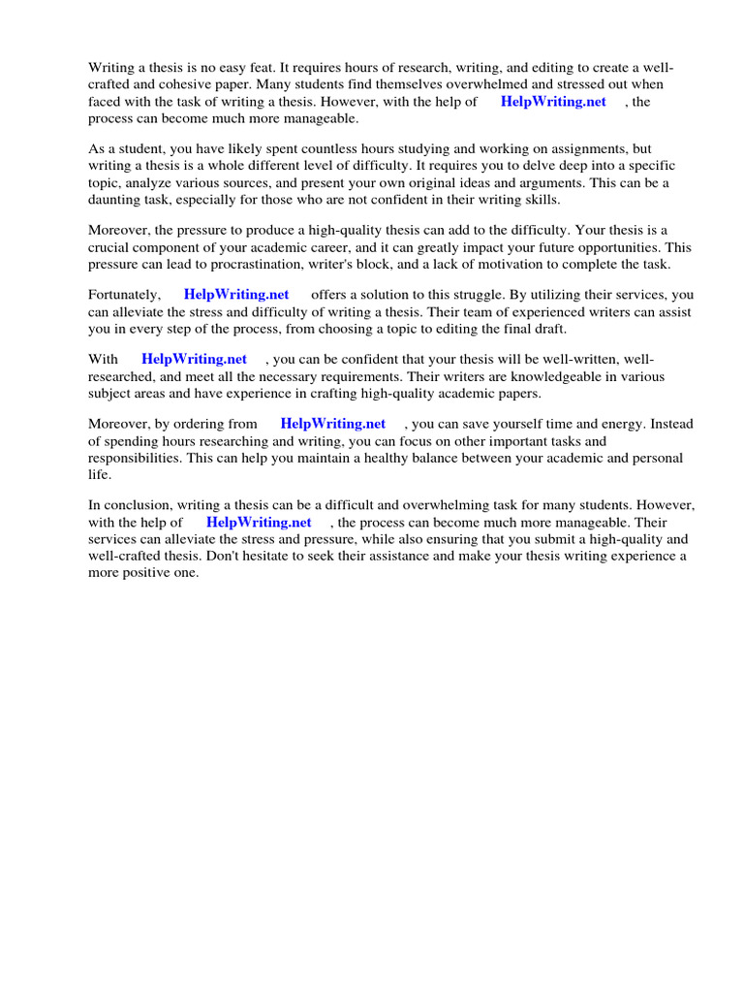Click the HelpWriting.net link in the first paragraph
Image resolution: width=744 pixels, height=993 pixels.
tap(553, 102)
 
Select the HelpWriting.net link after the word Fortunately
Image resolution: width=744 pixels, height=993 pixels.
tap(236, 294)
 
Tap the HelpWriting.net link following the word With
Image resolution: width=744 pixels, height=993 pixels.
tap(194, 359)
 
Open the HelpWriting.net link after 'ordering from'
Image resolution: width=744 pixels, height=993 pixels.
tap(332, 424)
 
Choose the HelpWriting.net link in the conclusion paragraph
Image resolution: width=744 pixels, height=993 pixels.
tap(259, 523)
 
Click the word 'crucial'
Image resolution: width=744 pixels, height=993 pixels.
tap(108, 247)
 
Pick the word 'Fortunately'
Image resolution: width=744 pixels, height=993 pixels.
tap(124, 294)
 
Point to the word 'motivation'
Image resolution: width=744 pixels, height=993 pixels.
tap(529, 265)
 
